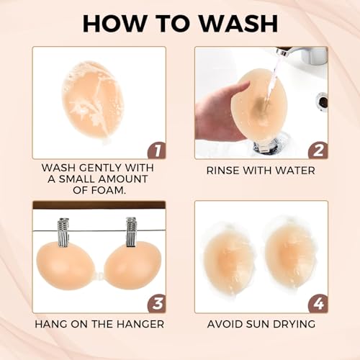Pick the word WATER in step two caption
point(296,171)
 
